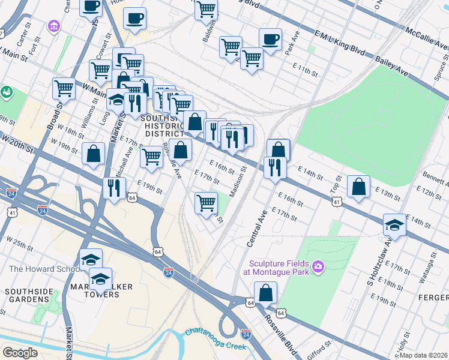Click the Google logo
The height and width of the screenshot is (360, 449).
click(x=20, y=353)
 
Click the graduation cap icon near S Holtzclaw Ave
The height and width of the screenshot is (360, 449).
click(x=394, y=224)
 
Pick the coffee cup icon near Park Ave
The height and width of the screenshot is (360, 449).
click(x=270, y=40)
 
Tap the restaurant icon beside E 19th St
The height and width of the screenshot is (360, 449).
click(x=113, y=188)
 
